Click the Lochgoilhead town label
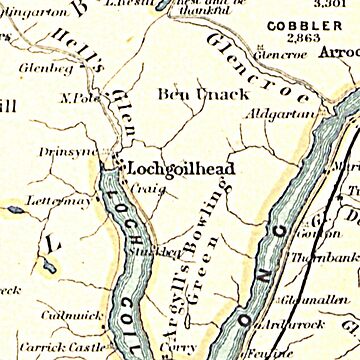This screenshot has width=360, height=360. (x=180, y=170)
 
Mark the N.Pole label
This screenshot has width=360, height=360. (x=77, y=98)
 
